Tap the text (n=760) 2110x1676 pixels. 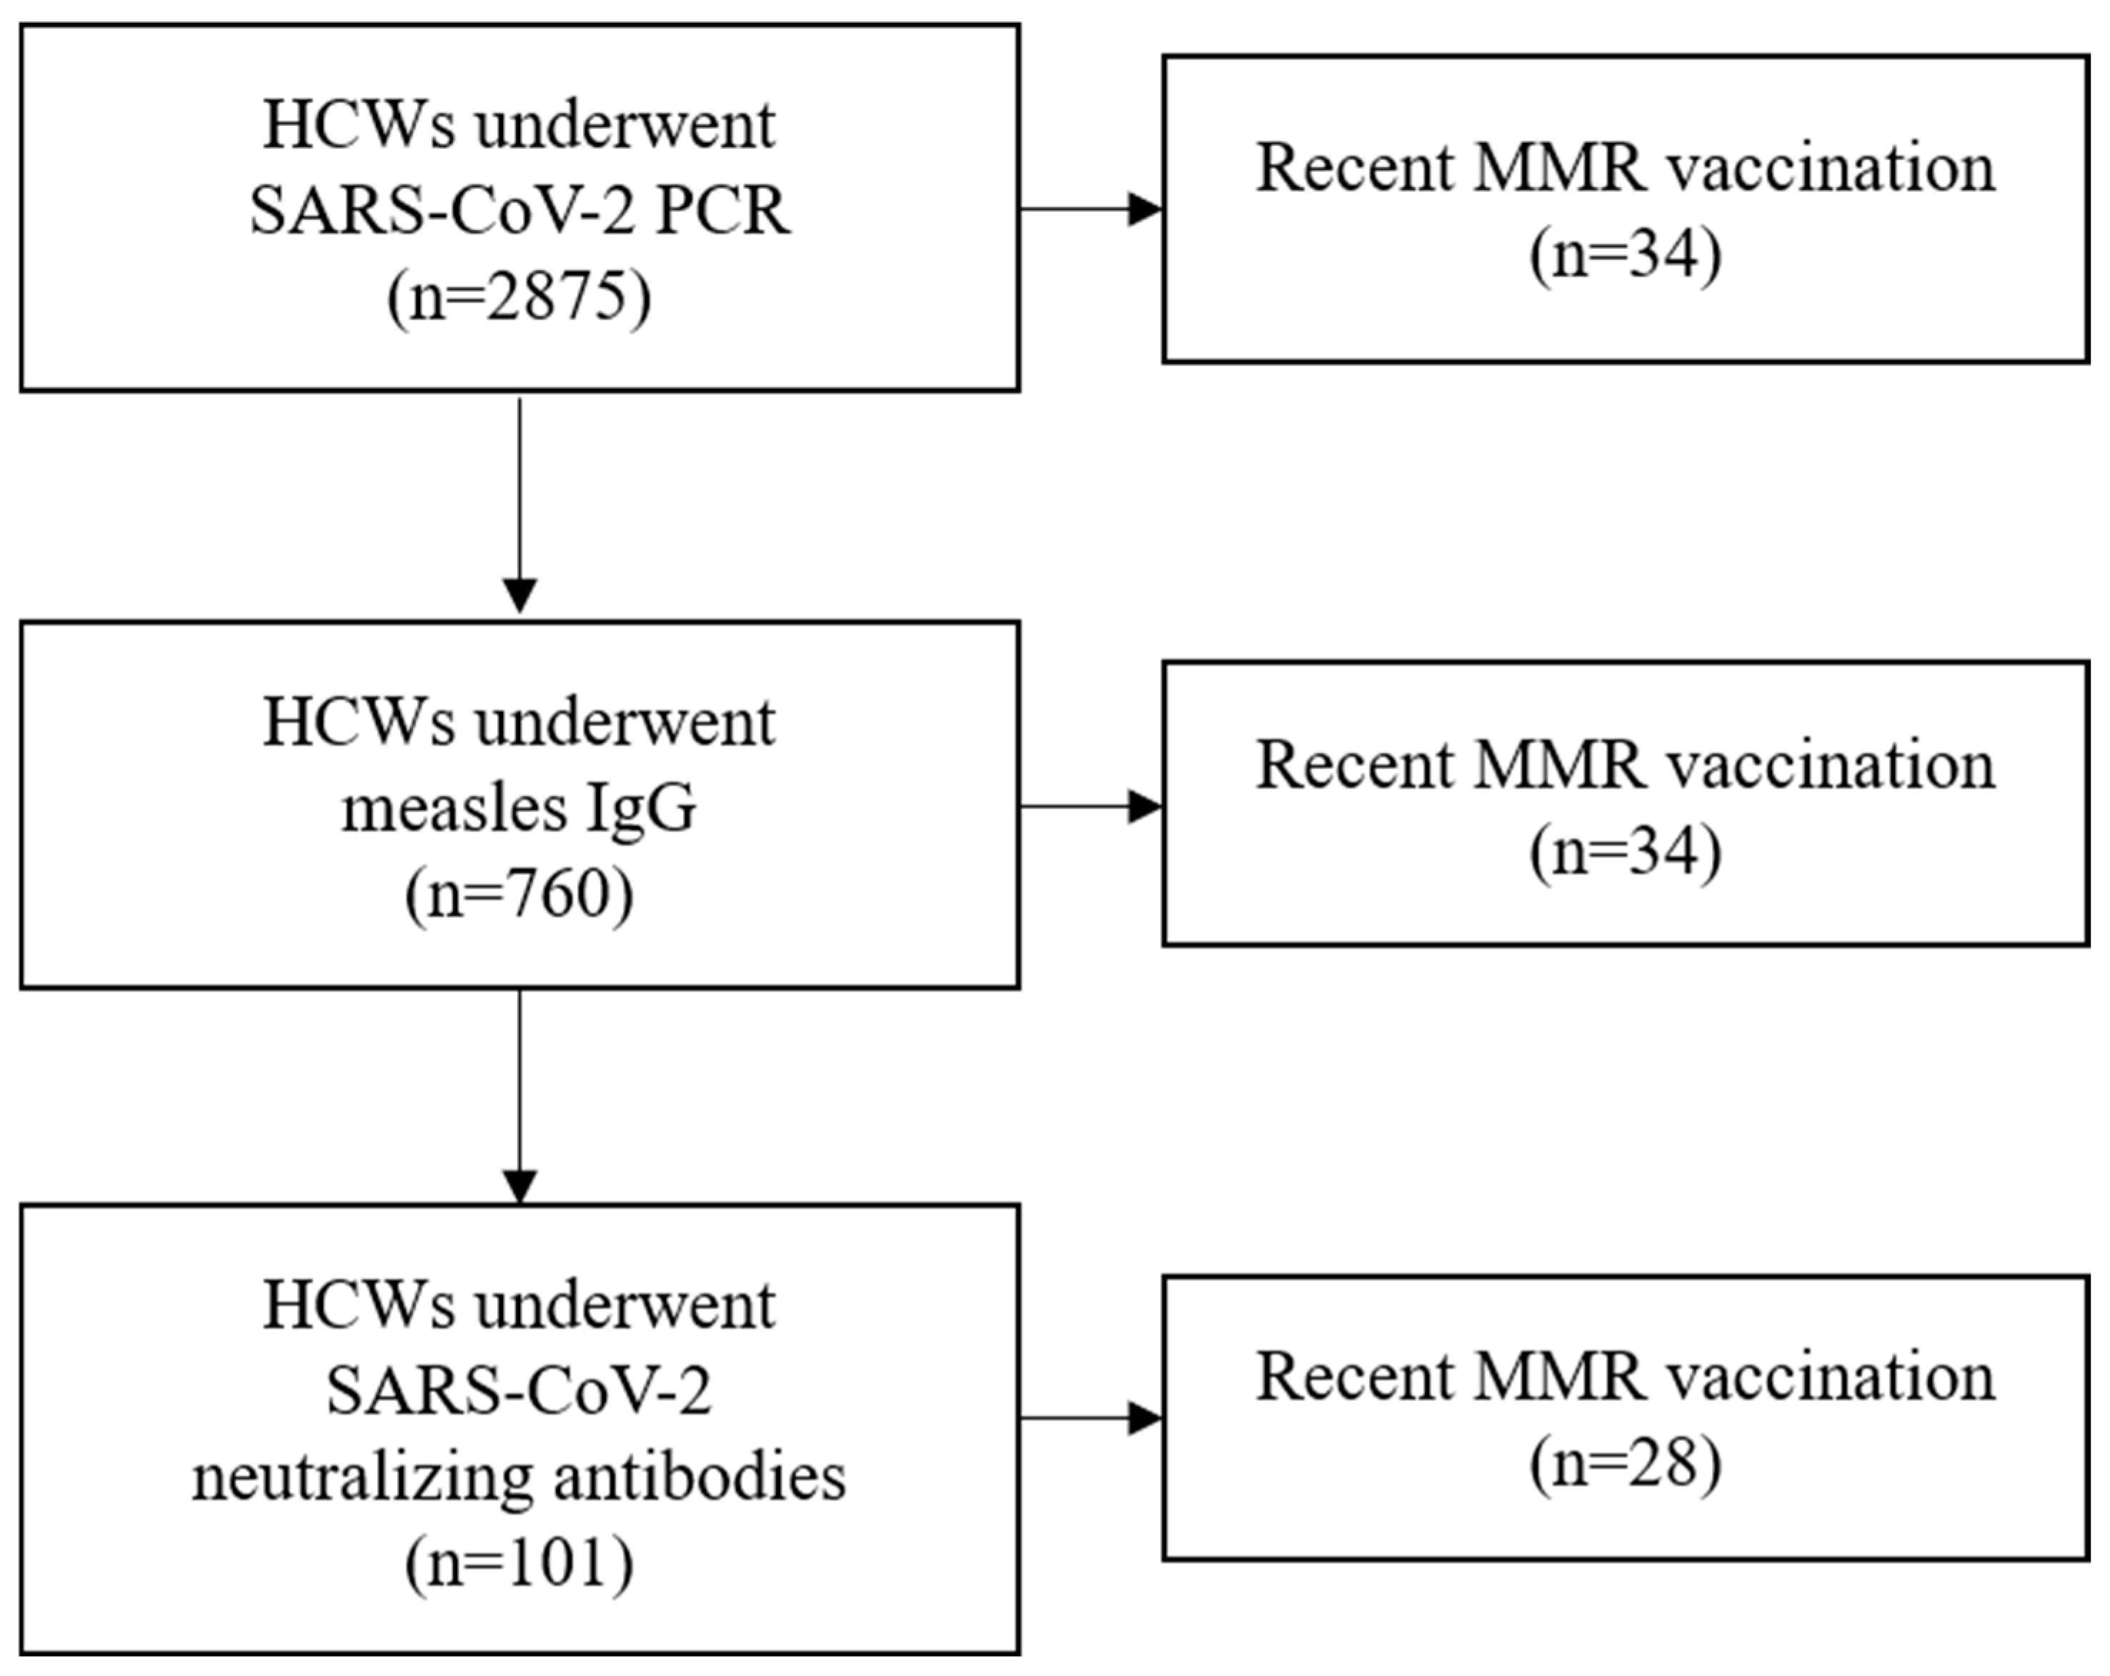[519, 893]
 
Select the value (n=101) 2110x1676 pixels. [519, 1562]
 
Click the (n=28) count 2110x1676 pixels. [1626, 1464]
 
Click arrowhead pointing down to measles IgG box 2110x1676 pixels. [519, 595]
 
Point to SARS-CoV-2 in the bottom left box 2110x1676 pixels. [519, 1391]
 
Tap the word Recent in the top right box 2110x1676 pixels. [1355, 169]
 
